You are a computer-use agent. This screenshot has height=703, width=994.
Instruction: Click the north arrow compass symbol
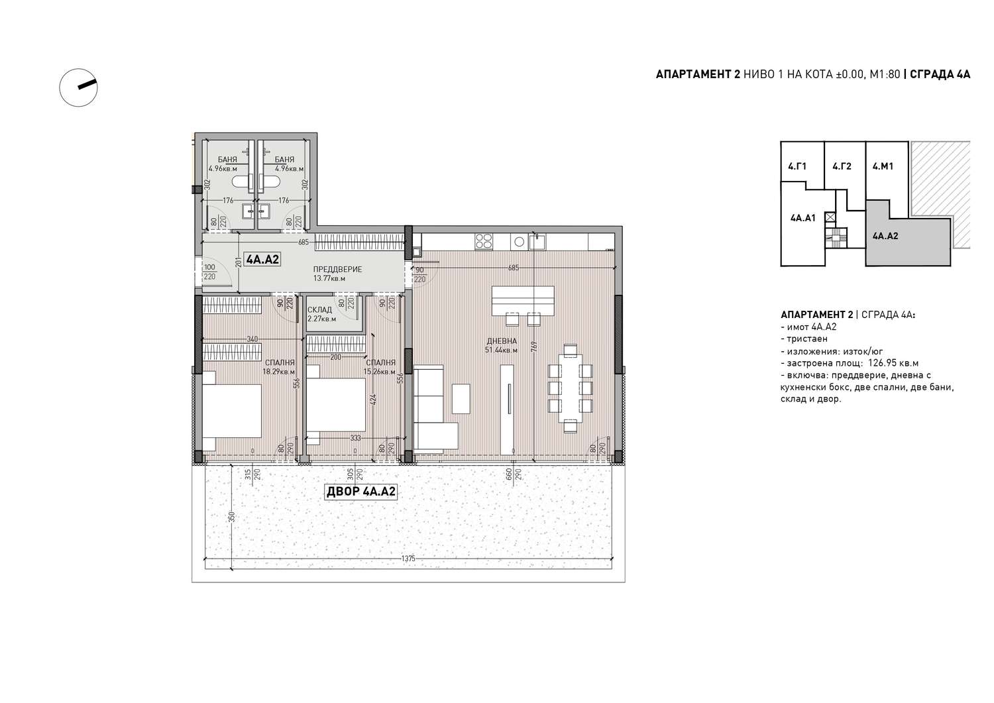(78, 87)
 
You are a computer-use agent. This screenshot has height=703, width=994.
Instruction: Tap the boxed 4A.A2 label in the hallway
(263, 259)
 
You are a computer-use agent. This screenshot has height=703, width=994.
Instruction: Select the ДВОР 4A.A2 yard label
(360, 492)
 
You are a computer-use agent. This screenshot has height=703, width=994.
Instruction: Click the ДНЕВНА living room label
(502, 341)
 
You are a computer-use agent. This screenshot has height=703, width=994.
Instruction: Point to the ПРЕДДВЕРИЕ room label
(338, 270)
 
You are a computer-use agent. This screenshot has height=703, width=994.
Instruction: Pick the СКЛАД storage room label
(319, 310)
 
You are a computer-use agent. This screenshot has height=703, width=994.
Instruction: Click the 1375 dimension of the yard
(408, 559)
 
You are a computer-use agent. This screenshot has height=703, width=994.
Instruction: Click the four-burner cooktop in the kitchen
(484, 242)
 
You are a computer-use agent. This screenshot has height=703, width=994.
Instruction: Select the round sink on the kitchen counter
(519, 243)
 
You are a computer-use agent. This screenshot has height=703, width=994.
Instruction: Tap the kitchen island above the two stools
(523, 299)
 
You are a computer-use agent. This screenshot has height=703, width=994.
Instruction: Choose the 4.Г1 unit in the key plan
(797, 166)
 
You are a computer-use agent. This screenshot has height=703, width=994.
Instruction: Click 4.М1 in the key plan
(883, 166)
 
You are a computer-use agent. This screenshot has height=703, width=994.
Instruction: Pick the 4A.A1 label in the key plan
(802, 218)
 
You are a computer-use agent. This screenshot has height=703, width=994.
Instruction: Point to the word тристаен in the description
(807, 339)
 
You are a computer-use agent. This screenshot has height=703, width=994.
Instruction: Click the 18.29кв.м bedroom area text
(279, 372)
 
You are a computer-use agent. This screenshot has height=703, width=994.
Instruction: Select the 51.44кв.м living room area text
(502, 350)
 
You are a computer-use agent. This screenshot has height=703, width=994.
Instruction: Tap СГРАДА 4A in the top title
(940, 74)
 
